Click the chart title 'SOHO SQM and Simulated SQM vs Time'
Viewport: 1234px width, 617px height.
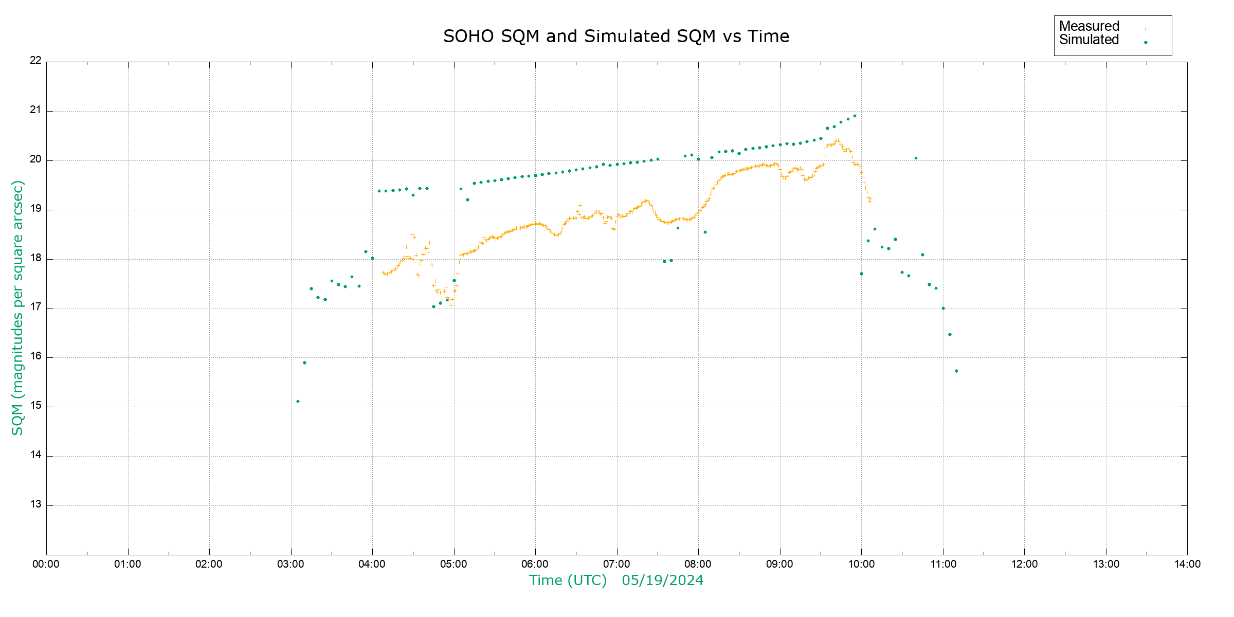(x=616, y=37)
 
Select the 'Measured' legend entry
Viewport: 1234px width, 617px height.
(x=1089, y=26)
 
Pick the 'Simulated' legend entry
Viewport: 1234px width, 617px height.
(x=1089, y=40)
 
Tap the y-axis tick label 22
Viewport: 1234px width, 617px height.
(x=35, y=60)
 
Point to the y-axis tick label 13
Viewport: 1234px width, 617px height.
(x=35, y=504)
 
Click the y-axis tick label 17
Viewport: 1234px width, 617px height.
(x=35, y=307)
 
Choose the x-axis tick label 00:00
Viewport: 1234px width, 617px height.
(x=46, y=564)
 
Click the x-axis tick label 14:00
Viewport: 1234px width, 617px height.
(x=1187, y=564)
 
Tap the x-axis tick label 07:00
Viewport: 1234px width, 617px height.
(x=616, y=564)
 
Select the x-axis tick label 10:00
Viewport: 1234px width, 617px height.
(x=861, y=564)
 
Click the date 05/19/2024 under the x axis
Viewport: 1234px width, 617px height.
(x=662, y=580)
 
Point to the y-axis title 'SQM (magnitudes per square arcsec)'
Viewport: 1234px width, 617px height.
(x=17, y=307)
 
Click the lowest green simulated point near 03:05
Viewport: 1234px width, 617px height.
(x=298, y=401)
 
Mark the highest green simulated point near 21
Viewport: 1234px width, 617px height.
(x=855, y=116)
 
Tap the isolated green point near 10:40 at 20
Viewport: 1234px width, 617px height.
(x=916, y=158)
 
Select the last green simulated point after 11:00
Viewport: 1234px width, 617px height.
(x=956, y=371)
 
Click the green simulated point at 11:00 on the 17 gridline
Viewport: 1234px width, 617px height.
(x=943, y=308)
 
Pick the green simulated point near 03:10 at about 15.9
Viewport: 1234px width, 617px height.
(x=304, y=362)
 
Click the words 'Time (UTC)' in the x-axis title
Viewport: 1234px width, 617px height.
(x=568, y=580)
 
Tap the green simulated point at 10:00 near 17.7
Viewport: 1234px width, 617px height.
(x=861, y=274)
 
